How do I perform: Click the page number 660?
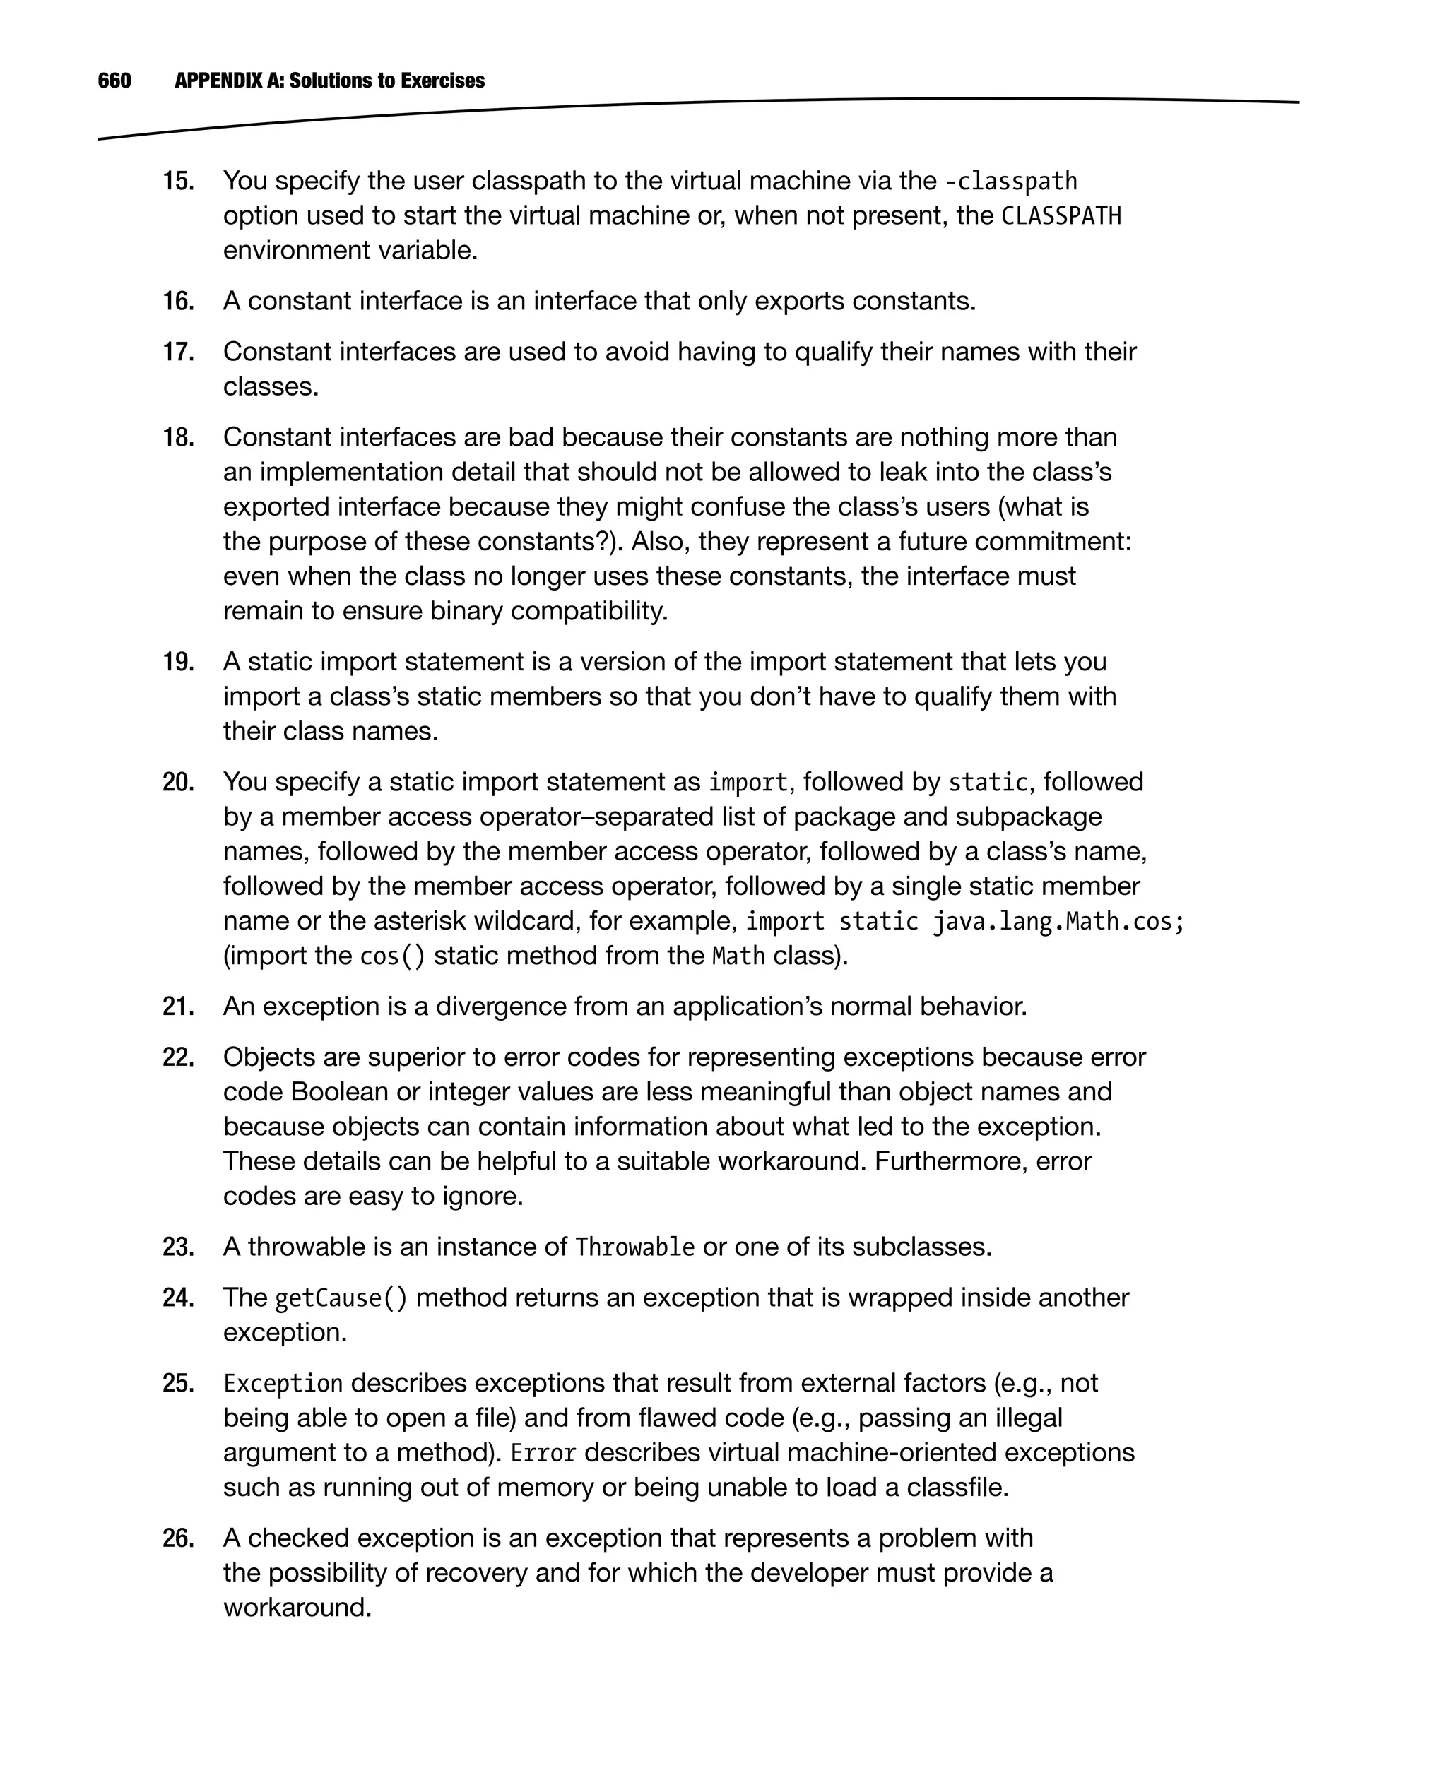(114, 81)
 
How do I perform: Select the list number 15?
(178, 181)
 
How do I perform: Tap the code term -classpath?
(1010, 182)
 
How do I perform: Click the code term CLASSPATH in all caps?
(1061, 217)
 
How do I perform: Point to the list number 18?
(178, 437)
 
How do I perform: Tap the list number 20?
(178, 783)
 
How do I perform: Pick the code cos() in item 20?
(391, 956)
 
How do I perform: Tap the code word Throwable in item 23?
(634, 1247)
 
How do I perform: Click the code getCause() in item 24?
(341, 1298)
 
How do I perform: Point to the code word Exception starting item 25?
(283, 1384)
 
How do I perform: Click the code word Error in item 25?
(543, 1454)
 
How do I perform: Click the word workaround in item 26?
(297, 1608)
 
